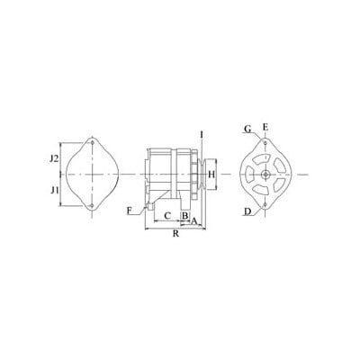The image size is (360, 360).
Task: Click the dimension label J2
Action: point(54,158)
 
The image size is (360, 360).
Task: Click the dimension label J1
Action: point(54,190)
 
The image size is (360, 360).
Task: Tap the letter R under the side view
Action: point(175,234)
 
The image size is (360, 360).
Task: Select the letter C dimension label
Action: point(167,215)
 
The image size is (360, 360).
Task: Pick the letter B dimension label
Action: point(185,215)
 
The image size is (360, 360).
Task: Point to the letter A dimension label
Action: point(193,221)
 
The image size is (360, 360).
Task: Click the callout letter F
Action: point(130,211)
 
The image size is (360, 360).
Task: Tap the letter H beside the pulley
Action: point(211,174)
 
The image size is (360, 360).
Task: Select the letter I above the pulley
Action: point(202,135)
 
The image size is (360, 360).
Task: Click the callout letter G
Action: point(247,130)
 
